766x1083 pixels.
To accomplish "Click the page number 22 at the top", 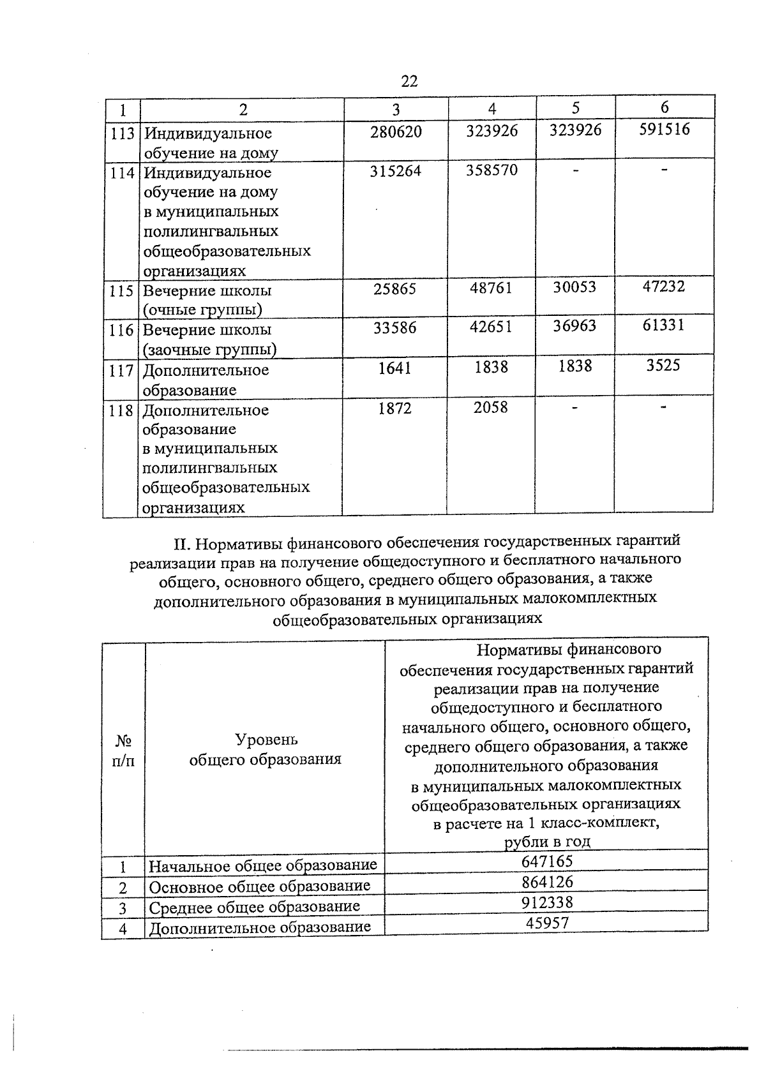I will click(409, 81).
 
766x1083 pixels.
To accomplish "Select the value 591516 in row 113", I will click(665, 130).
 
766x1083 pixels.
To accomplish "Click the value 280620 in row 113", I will click(396, 131).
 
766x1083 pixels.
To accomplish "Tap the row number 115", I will click(121, 291).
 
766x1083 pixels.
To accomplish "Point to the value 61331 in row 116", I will click(663, 325).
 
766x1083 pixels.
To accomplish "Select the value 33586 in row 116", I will click(394, 328).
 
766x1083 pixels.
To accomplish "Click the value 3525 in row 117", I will click(663, 366).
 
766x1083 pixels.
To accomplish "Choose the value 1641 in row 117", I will click(394, 368).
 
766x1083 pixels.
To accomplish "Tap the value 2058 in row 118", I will click(491, 407).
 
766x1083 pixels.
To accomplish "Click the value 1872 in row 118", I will click(394, 408).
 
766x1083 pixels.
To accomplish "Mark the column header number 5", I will click(576, 107).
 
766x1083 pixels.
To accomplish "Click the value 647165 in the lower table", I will click(547, 862).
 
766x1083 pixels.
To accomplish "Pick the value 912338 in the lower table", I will click(547, 902).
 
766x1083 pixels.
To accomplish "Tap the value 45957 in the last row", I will click(547, 923).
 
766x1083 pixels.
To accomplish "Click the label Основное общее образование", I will click(260, 886).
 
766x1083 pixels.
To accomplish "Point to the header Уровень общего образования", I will click(266, 749).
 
